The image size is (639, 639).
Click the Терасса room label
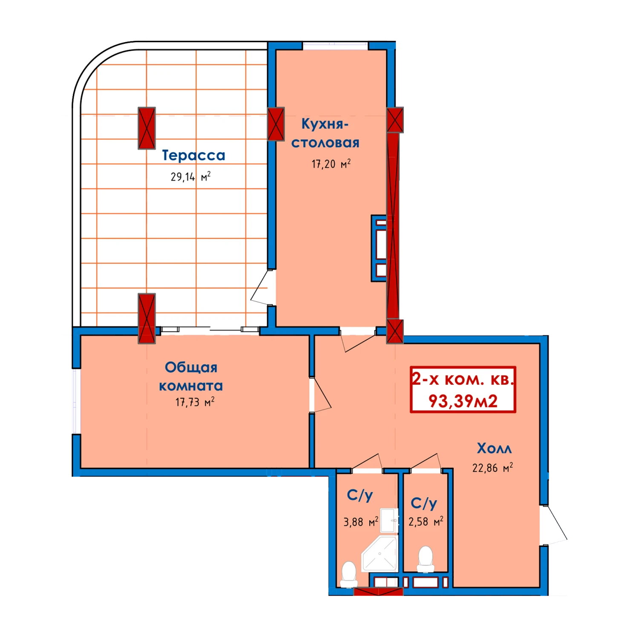[x=193, y=155]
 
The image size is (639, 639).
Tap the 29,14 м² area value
[x=190, y=176]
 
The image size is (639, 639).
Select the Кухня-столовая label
[x=325, y=133]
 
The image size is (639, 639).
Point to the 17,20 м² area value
[x=331, y=164]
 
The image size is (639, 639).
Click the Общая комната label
[x=191, y=376]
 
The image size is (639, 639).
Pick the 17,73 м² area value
[x=195, y=402]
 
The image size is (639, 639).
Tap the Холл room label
[x=494, y=448]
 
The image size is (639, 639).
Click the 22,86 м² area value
[x=492, y=468]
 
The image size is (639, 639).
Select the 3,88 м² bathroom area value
[x=361, y=522]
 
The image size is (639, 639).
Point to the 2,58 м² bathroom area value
[x=426, y=521]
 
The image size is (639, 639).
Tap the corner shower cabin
[x=380, y=554]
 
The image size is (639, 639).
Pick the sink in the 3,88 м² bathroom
[x=389, y=520]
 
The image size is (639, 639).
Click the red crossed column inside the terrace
[x=147, y=128]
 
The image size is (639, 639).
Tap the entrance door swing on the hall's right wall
[x=554, y=525]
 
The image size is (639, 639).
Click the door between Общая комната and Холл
[x=320, y=395]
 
